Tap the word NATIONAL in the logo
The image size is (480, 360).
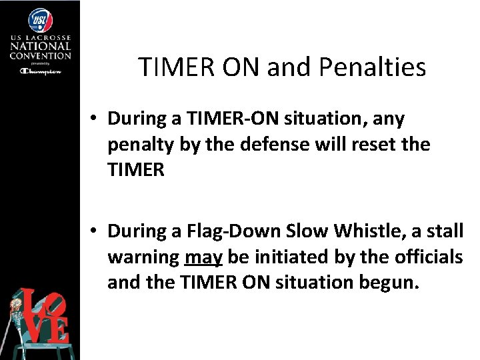(40, 47)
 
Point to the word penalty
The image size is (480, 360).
(141, 143)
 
